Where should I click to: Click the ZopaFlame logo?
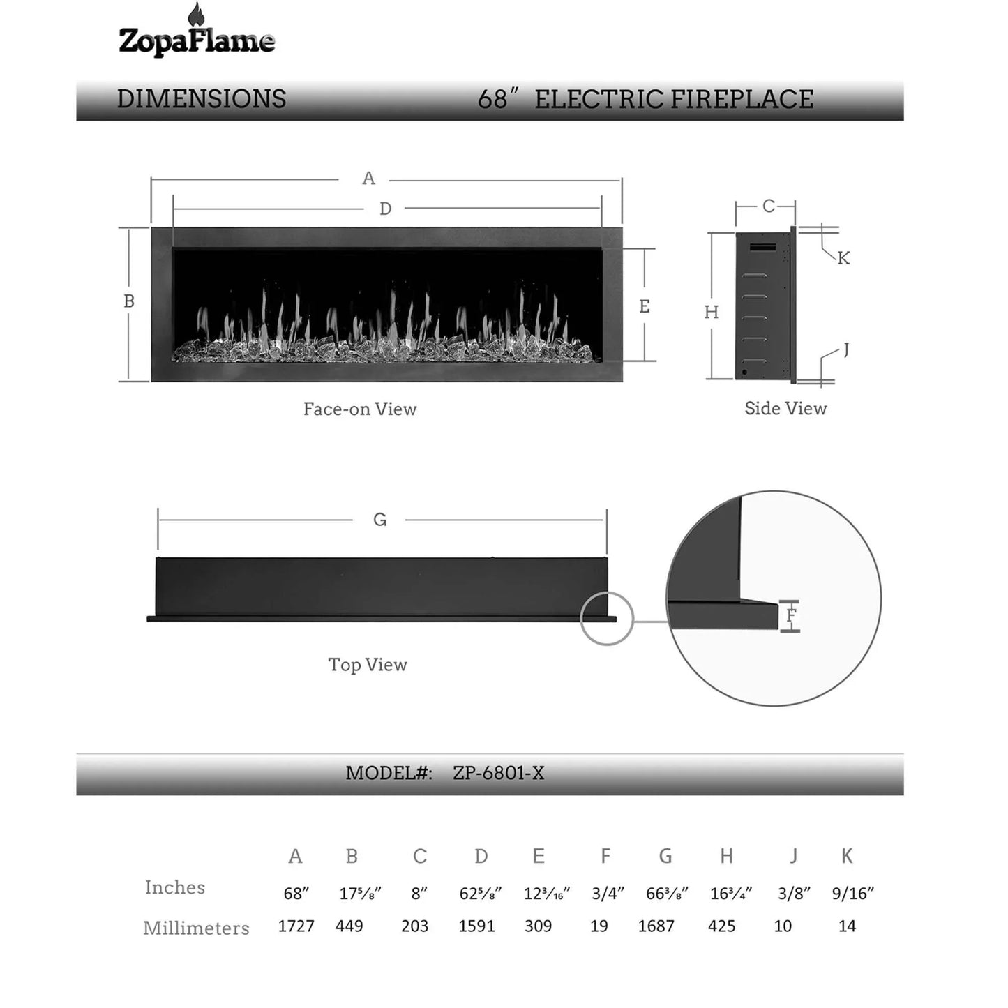(x=197, y=31)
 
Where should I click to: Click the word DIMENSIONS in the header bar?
(x=202, y=99)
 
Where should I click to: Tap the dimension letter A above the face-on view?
(x=368, y=179)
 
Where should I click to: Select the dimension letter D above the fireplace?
(x=386, y=209)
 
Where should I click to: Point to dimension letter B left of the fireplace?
(x=128, y=301)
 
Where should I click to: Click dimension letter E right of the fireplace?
(x=645, y=306)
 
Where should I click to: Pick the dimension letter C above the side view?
(x=769, y=206)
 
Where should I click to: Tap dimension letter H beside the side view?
(x=712, y=313)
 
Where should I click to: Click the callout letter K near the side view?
(x=844, y=258)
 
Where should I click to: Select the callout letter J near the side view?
(x=846, y=349)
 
